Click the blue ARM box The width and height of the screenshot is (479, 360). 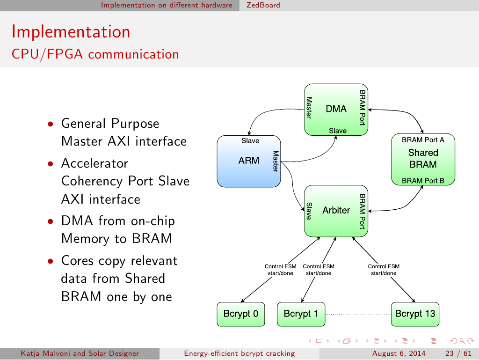248,161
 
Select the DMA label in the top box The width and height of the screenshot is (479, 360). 336,109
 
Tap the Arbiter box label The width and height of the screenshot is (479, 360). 336,210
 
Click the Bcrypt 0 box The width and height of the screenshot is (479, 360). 240,314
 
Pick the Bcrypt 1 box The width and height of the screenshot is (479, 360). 301,314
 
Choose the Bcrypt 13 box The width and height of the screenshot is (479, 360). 415,314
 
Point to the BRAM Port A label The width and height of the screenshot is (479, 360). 423,140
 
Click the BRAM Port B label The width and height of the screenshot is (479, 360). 423,181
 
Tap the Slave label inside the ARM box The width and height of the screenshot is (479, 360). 250,140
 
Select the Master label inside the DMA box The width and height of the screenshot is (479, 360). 309,108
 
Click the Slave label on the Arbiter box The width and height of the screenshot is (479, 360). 309,211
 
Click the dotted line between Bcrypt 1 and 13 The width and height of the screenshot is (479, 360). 357,314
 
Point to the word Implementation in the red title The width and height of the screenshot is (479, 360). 71,32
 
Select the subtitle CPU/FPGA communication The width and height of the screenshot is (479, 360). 95,54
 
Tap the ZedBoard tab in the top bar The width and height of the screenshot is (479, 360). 263,5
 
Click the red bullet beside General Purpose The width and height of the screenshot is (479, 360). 50,125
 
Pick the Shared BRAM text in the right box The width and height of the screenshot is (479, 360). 423,158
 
